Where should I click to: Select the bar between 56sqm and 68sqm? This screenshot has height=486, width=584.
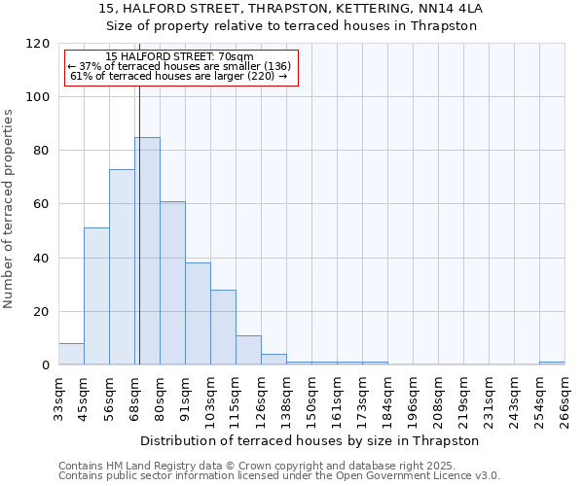122,267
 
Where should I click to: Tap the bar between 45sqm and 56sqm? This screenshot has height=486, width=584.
96,296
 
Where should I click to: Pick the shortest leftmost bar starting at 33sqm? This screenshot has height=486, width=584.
71,355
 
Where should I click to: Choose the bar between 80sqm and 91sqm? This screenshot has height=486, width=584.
172,283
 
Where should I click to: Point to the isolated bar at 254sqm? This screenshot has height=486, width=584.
552,364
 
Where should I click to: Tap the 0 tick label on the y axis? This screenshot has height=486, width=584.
45,365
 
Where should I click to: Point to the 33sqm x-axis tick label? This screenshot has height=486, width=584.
58,398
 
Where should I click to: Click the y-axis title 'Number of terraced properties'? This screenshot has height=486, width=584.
9,209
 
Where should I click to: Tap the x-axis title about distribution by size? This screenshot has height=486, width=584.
310,440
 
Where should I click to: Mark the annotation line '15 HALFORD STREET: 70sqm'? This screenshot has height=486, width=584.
179,56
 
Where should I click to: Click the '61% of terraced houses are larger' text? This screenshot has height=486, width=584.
179,76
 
